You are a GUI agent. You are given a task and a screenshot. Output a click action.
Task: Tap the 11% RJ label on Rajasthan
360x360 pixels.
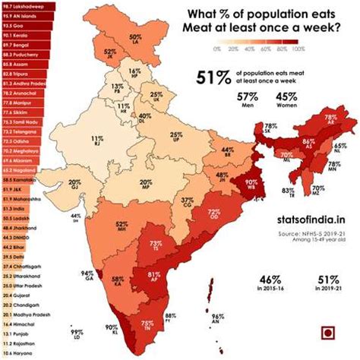click(x=96, y=141)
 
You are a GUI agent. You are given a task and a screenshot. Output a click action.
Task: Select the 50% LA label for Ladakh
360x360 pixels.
click(x=136, y=39)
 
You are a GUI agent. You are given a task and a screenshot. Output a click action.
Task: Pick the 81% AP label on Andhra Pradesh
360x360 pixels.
click(x=153, y=277)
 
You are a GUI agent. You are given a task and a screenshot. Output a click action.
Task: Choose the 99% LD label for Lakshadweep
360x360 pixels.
click(x=77, y=335)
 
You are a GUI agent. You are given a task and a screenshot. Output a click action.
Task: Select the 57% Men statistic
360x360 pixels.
click(x=267, y=101)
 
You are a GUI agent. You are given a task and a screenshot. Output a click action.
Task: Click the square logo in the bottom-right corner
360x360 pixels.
click(x=329, y=333)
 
